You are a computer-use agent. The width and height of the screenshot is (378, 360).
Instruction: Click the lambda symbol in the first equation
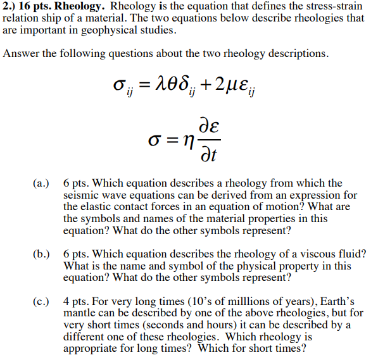161,84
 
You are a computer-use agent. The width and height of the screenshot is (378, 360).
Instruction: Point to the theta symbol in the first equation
174,84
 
